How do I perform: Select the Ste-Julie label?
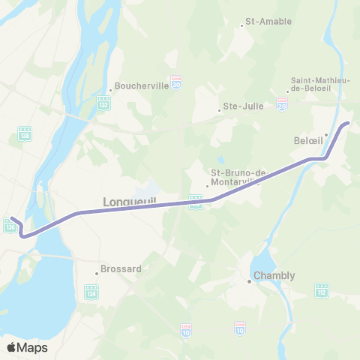coord(244,106)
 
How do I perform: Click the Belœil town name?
coord(307,139)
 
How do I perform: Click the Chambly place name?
coord(274,276)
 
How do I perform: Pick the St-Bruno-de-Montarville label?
coord(238,177)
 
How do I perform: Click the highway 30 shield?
coord(176,79)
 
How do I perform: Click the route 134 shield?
coord(91,290)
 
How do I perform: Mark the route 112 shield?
coord(322,289)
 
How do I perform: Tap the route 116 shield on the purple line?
coord(196,200)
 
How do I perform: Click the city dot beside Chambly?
coord(250,281)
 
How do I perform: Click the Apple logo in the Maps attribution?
coord(11,347)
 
